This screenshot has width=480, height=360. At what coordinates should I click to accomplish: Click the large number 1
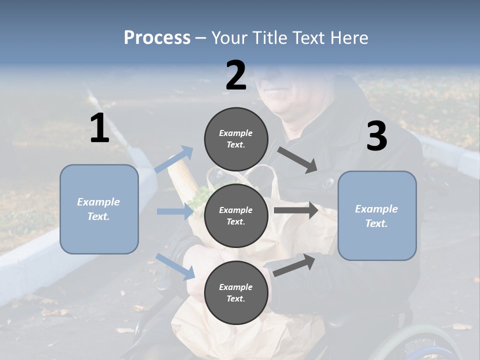point(99,128)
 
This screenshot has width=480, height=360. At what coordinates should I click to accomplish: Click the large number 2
point(236,75)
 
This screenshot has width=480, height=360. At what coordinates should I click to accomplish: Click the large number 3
point(376,136)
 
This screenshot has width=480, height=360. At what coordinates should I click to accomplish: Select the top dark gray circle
point(236,139)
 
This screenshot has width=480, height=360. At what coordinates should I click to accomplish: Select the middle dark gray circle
point(236,215)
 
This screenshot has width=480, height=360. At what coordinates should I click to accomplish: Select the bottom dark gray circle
point(236,292)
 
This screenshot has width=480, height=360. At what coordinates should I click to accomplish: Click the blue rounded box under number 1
point(99,209)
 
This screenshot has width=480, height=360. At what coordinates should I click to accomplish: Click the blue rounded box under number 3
point(377,215)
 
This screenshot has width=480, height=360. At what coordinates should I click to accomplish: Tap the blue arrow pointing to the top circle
point(174,159)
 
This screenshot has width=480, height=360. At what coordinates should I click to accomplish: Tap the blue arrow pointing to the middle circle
point(175,211)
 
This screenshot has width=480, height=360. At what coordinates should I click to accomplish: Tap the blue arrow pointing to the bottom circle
point(175,266)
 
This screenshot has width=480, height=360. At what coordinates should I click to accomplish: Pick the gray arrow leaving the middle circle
point(296,210)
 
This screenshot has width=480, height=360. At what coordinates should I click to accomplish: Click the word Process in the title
point(157,37)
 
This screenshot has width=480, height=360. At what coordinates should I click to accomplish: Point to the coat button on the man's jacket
point(328,183)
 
